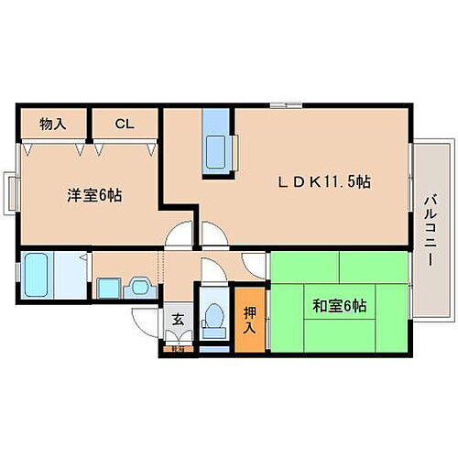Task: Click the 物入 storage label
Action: [x=51, y=122]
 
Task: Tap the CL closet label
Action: [x=124, y=122]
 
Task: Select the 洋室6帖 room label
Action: [x=94, y=194]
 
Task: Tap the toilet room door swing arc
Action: [x=212, y=272]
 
